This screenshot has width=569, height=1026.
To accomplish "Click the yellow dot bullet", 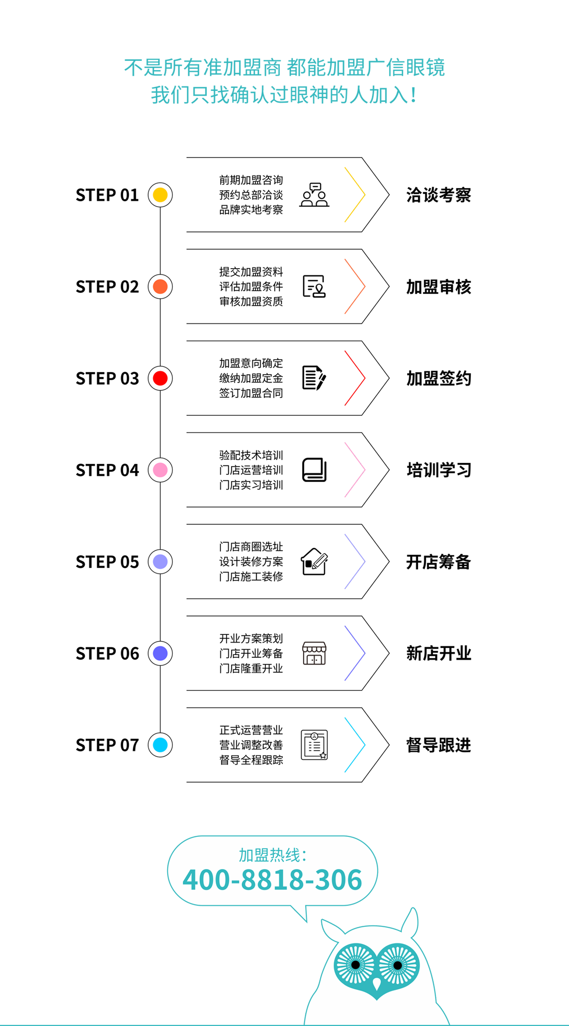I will click(160, 195).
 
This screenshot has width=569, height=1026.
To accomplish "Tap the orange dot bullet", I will click(160, 287).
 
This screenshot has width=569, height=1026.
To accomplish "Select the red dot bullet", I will click(160, 378).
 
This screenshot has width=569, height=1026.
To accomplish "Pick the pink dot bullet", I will click(160, 470).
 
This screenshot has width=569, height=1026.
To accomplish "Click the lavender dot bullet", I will click(160, 562).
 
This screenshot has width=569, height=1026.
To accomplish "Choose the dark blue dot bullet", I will click(160, 654).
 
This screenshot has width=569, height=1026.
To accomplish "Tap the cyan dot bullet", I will click(160, 745).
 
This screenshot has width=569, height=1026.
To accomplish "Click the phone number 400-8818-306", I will click(273, 880).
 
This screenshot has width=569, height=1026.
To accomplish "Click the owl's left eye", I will click(355, 964).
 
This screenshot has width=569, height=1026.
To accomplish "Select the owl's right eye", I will click(397, 965).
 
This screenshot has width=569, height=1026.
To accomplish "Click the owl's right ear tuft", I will click(411, 923).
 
